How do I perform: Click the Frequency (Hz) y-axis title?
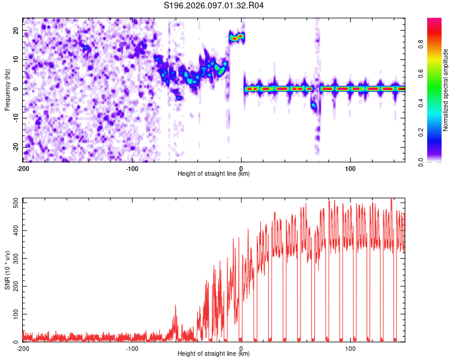coord(7,89)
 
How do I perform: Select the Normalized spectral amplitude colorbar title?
coord(446,90)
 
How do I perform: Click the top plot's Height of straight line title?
coord(214,173)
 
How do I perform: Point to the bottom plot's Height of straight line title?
coord(214,353)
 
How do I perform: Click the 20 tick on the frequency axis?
coord(16,31)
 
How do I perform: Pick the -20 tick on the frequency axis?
coord(14,147)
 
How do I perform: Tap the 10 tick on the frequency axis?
coord(16,60)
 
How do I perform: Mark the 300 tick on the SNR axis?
coord(13,259)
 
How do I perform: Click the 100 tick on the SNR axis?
coord(13,314)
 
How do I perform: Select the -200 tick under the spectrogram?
coord(23,168)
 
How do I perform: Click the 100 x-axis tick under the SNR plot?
coord(350,348)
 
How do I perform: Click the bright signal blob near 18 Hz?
coord(237,37)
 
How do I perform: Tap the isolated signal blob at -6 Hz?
coord(313,106)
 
